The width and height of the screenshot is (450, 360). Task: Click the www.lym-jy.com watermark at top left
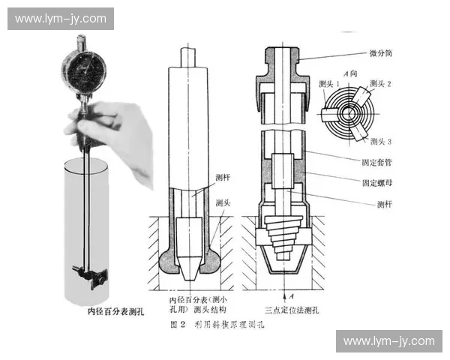tap(60, 19)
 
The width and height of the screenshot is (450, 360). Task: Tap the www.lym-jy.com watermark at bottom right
tap(388, 341)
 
